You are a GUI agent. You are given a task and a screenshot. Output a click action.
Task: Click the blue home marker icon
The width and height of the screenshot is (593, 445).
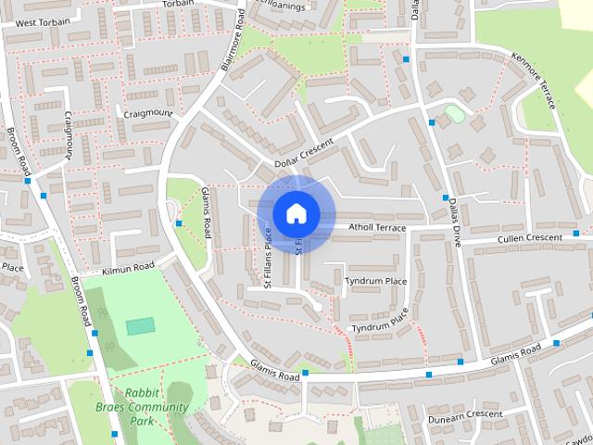pos(295,213)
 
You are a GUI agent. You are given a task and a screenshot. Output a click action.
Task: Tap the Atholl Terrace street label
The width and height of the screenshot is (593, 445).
pos(376,227)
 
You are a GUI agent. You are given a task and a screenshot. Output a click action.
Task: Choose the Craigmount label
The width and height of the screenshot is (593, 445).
pos(147,113)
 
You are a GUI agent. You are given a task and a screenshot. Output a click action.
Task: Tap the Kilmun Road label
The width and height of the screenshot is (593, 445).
pos(129,267)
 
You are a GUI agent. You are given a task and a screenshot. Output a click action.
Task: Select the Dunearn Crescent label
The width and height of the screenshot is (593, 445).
pos(464,414)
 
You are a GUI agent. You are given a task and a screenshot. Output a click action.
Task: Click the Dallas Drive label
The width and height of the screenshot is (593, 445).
pos(454,223)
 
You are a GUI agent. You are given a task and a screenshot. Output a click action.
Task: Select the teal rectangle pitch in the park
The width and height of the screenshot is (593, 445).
pos(141,325)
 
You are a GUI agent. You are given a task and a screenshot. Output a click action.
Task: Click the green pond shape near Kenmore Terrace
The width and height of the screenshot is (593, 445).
pos(453,113)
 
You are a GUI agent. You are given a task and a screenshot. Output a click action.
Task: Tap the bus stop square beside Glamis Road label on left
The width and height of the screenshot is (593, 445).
pos(178,222)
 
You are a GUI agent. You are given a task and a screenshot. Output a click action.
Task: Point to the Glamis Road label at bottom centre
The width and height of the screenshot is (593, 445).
pos(274,373)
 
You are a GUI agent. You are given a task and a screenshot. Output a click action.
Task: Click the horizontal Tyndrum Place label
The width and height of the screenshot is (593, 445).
pos(375,280)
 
